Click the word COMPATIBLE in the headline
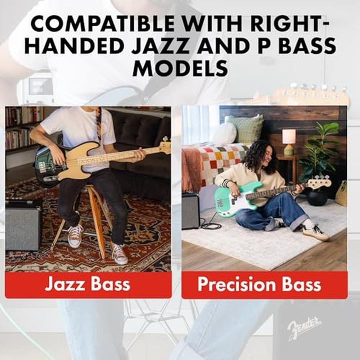coord(102,23)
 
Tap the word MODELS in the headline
coord(180,68)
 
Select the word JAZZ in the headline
coord(160,46)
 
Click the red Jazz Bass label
coord(88,285)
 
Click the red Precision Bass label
coord(264,285)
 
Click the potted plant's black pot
coord(317,197)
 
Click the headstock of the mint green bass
coord(319,181)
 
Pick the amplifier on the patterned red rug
coord(23,225)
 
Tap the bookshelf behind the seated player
coord(22,128)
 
